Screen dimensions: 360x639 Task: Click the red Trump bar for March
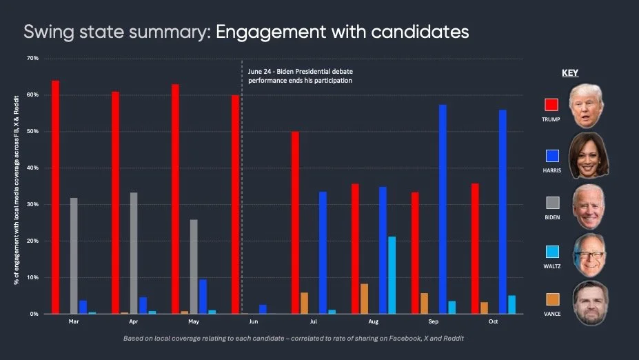pyautogui.click(x=55, y=197)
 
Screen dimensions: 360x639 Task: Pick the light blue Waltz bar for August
pyautogui.click(x=392, y=275)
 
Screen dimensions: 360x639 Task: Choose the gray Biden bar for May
pyautogui.click(x=194, y=266)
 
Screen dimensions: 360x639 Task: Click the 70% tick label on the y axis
pyautogui.click(x=32, y=58)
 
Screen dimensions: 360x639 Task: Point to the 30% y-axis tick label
pyautogui.click(x=32, y=204)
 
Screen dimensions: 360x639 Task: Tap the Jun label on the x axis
pyautogui.click(x=254, y=322)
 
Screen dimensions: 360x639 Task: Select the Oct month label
pyautogui.click(x=493, y=322)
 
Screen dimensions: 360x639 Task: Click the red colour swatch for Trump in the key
pyautogui.click(x=551, y=105)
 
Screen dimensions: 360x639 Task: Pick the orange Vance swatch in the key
pyautogui.click(x=551, y=300)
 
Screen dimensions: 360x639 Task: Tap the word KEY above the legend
pyautogui.click(x=570, y=72)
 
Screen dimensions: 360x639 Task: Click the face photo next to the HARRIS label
pyautogui.click(x=587, y=155)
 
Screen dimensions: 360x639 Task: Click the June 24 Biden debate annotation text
pyautogui.click(x=300, y=76)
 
